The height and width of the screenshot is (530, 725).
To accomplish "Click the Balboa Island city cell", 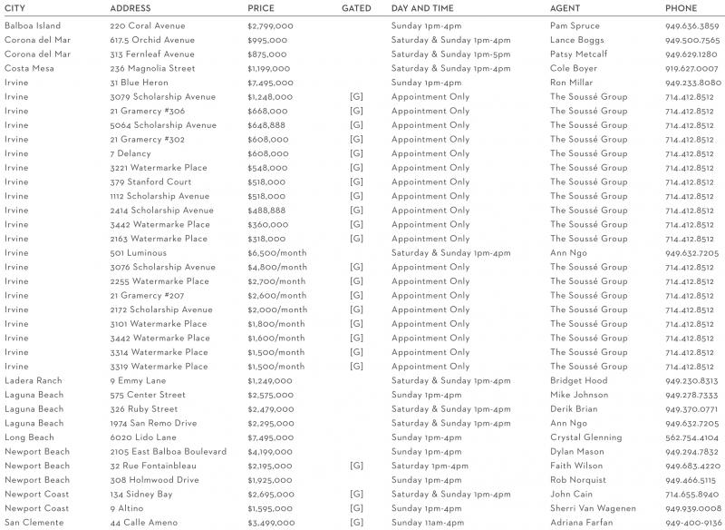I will tap(33, 25).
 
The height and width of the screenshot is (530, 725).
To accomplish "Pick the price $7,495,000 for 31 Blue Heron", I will tap(270, 83).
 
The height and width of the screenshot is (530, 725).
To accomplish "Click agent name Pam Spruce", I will tap(575, 25).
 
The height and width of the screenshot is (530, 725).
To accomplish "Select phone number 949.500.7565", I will tap(692, 40).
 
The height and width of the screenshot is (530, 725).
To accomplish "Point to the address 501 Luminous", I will tap(138, 253).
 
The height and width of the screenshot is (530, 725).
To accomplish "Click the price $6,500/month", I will tap(277, 253).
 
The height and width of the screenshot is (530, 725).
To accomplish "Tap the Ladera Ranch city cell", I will tap(34, 381).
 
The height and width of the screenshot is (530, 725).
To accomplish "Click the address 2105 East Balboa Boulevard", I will tap(168, 452).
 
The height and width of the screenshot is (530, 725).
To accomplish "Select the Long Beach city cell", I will tap(29, 437).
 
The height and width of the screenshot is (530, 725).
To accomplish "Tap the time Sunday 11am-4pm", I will tap(430, 523).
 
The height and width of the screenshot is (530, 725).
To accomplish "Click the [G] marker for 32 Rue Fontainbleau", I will tap(356, 466).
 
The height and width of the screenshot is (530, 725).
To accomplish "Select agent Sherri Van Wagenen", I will tap(593, 508).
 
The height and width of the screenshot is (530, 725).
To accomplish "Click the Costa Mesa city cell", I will tap(30, 68).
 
